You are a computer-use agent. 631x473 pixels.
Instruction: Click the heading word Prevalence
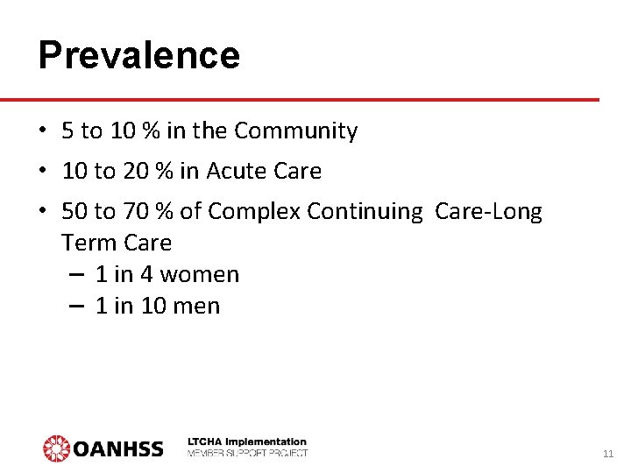(x=138, y=55)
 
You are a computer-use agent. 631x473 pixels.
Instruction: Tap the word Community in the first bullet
(x=296, y=131)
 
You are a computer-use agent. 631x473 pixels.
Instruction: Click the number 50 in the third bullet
(x=75, y=211)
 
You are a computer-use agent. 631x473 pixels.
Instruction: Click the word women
(x=199, y=274)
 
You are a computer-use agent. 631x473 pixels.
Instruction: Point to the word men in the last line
(x=199, y=306)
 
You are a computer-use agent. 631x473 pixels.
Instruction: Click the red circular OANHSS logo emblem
(x=56, y=448)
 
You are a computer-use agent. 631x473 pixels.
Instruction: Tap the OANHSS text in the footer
(x=117, y=449)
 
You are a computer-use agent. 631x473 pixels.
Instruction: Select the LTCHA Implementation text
(x=247, y=441)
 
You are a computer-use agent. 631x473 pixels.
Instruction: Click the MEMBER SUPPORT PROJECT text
(x=247, y=453)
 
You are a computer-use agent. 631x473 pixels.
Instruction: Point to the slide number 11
(x=608, y=454)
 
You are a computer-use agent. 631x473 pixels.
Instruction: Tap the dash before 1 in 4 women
(x=76, y=274)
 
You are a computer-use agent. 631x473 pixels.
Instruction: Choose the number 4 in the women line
(x=146, y=274)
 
